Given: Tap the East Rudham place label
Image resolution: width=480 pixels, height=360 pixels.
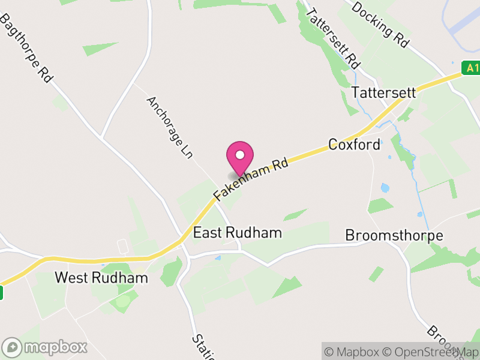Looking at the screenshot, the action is (238, 233).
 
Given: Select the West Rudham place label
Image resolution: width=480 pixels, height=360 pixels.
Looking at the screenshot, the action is (101, 278).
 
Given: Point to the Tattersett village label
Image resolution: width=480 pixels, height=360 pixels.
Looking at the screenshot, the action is (383, 93).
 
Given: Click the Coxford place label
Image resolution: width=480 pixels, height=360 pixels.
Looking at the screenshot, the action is (354, 145).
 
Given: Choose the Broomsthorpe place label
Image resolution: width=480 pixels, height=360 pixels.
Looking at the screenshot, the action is (394, 235).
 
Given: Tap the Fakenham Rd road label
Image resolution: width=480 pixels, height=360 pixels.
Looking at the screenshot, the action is (251, 179).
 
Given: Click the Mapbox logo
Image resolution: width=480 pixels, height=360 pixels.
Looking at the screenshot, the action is (46, 347).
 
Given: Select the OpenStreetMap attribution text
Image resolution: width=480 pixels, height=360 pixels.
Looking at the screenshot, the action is (431, 352).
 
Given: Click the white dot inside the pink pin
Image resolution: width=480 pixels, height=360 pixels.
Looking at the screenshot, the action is (240, 155).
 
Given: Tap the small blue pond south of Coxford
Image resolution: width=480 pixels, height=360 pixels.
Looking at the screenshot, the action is (385, 188).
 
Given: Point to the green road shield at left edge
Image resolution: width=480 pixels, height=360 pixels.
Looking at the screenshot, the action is (1, 293).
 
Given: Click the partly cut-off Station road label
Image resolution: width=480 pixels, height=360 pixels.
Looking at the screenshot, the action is (203, 347).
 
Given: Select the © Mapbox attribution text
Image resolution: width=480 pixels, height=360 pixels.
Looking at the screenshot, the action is (352, 352).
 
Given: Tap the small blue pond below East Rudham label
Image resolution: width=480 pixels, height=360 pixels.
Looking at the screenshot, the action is (217, 258).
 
